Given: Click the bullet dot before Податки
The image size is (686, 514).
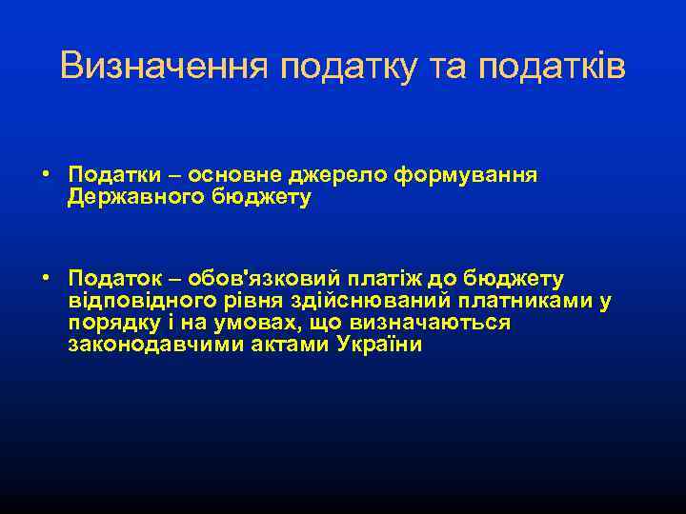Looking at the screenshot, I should click(46, 175).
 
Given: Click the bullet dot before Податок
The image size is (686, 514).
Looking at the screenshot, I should click(46, 278).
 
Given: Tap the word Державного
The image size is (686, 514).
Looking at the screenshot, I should click(134, 197).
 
